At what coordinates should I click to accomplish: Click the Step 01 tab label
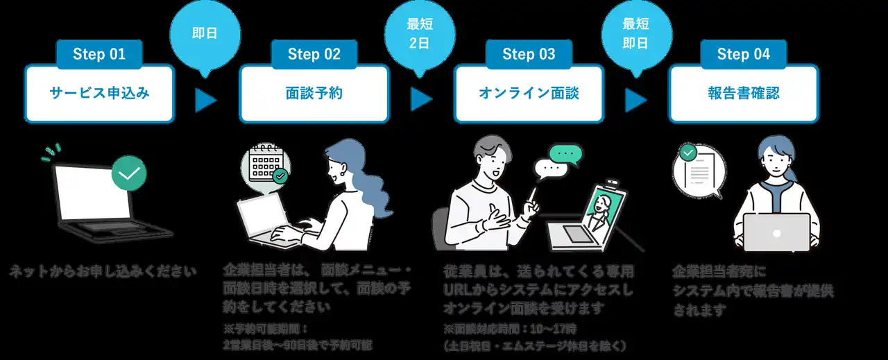99,55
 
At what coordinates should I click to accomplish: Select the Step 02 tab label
314,55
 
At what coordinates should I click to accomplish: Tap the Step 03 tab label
529,55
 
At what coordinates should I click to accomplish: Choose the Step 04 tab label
743,55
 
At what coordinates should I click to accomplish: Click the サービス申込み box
99,94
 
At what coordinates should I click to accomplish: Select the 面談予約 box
314,94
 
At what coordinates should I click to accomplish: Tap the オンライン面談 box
529,94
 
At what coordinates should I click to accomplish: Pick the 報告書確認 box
743,94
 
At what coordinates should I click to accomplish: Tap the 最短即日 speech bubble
634,33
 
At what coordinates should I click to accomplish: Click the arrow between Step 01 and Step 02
205,101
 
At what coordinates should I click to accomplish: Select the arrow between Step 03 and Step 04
635,101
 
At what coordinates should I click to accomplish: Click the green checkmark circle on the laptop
129,173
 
